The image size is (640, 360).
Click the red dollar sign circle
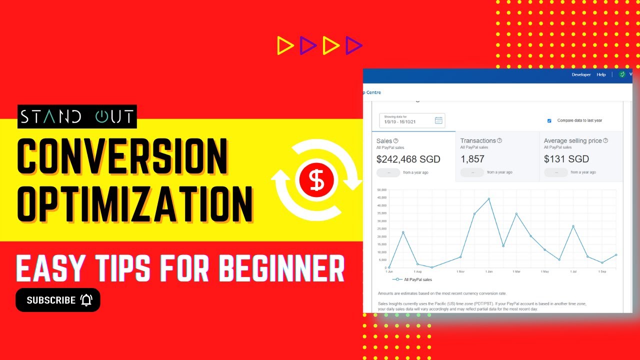click(316, 180)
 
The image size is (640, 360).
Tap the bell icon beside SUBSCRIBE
click(86, 300)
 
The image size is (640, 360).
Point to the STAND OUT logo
click(77, 116)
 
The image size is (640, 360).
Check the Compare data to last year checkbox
click(549, 120)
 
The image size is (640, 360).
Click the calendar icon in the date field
click(438, 120)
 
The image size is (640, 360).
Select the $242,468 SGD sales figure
click(408, 159)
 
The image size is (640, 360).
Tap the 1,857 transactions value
click(472, 159)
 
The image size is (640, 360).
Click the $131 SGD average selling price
click(566, 159)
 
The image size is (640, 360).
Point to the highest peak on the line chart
click(488, 198)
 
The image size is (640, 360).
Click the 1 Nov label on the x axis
click(460, 271)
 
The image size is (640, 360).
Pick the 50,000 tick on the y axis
click(382, 190)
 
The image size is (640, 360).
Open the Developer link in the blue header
click(581, 74)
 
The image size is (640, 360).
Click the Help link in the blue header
click(601, 74)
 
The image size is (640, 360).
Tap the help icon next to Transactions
click(499, 140)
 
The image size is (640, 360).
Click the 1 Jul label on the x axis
click(573, 271)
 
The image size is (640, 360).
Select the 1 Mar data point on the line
click(516, 213)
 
